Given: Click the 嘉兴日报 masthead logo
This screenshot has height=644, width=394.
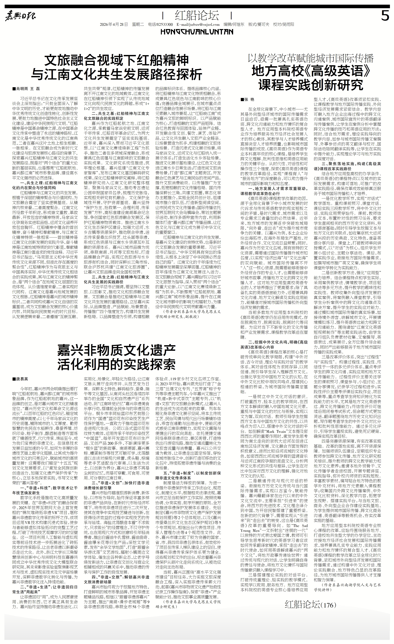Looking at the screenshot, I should [x=21, y=16].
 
